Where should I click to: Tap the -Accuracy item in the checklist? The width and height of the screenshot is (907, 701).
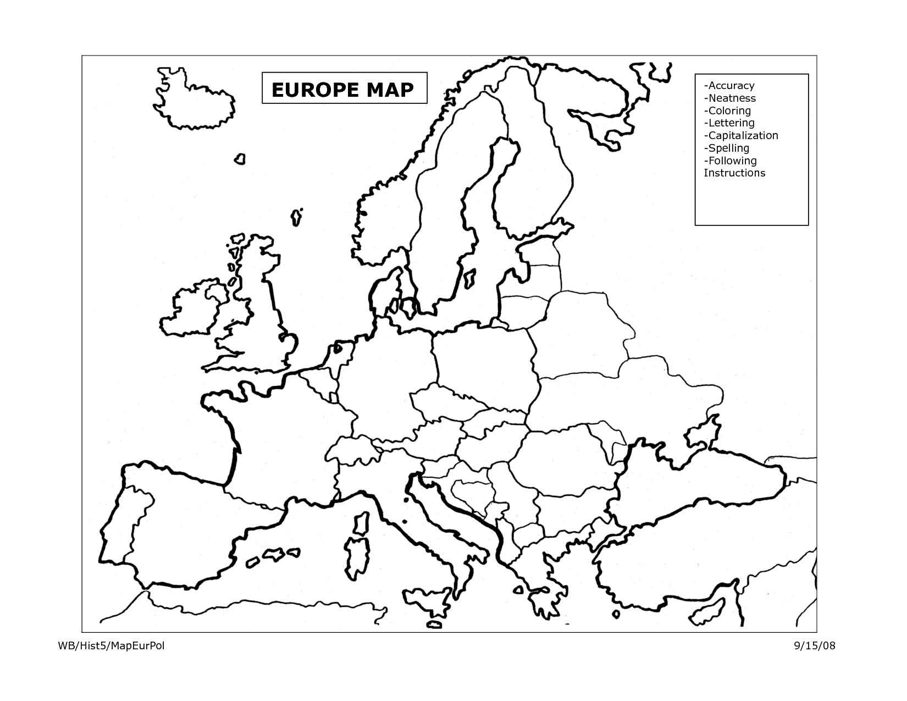[x=729, y=86]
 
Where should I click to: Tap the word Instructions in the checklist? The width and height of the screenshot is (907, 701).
[x=734, y=173]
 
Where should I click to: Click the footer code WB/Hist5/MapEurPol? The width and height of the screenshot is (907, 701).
[x=111, y=645]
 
